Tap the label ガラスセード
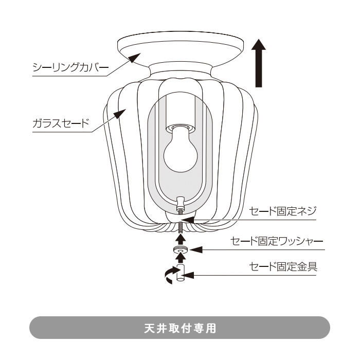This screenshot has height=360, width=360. [61, 123]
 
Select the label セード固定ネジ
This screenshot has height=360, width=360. [285, 211]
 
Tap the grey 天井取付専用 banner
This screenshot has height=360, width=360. [179, 328]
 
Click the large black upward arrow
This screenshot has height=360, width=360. [260, 64]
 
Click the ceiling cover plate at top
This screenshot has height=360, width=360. [179, 49]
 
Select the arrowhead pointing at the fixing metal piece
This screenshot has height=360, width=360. [189, 276]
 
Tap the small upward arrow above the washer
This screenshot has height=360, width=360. [180, 239]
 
